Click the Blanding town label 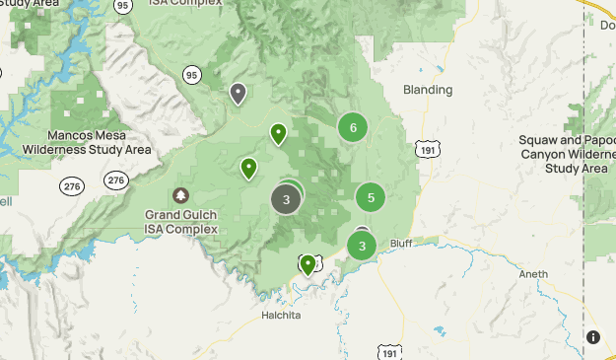pyautogui.click(x=428, y=90)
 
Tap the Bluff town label pyautogui.click(x=400, y=242)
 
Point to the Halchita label pyautogui.click(x=282, y=316)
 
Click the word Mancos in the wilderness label pyautogui.click(x=72, y=135)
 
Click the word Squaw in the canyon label pyautogui.click(x=538, y=140)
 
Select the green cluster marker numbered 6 pyautogui.click(x=353, y=126)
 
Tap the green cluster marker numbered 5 pyautogui.click(x=370, y=197)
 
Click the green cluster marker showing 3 pyautogui.click(x=362, y=246)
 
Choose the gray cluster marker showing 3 pyautogui.click(x=286, y=199)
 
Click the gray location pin pyautogui.click(x=238, y=93)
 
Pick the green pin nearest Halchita pyautogui.click(x=308, y=263)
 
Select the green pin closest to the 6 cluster pyautogui.click(x=279, y=132)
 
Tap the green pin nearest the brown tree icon pyautogui.click(x=249, y=168)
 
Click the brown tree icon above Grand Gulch pyautogui.click(x=180, y=195)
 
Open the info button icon pyautogui.click(x=593, y=336)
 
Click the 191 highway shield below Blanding pyautogui.click(x=426, y=148)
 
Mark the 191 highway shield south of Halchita pyautogui.click(x=390, y=352)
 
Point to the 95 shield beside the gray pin pyautogui.click(x=191, y=74)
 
